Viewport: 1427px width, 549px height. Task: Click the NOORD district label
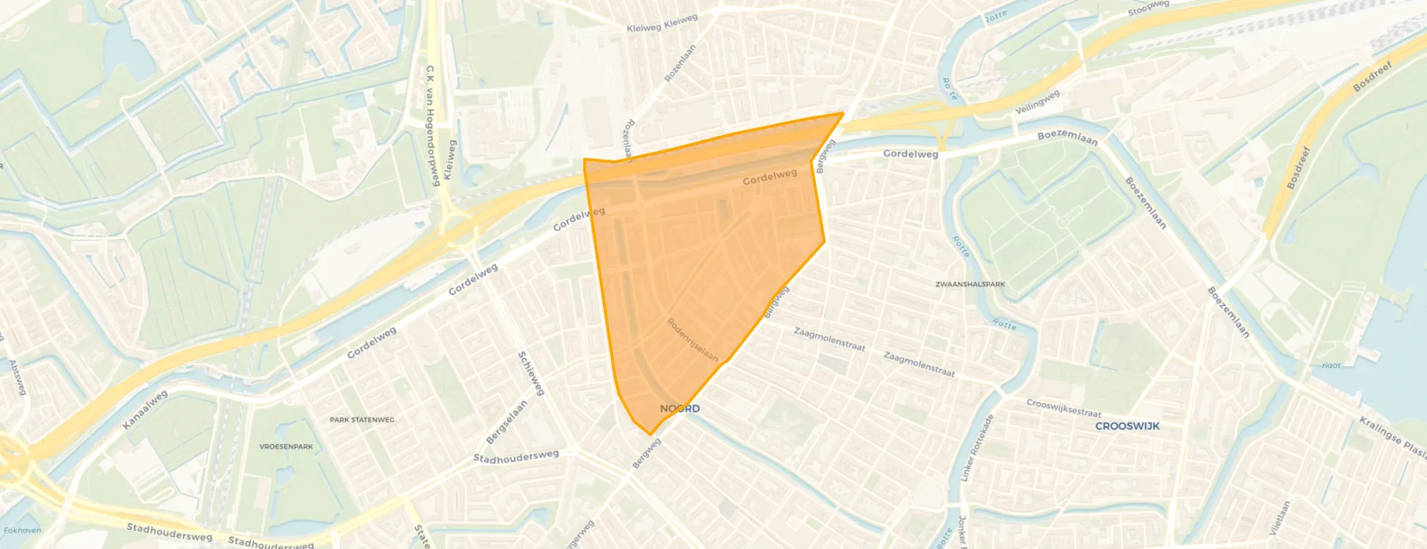pos(679,409)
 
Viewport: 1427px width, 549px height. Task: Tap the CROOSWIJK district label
pos(1127,426)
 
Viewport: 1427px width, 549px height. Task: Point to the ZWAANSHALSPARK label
pos(970,285)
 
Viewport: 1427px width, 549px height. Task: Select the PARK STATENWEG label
pos(362,420)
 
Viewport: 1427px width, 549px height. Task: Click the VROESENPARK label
pos(286,446)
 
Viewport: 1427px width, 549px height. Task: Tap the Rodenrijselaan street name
pos(692,340)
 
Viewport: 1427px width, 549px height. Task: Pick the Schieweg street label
pos(531,374)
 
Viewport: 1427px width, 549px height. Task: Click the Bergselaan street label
pos(506,421)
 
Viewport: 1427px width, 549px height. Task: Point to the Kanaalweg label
pos(145,410)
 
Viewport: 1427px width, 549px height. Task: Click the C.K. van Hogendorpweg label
pos(432,125)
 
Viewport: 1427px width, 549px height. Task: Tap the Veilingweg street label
pos(1037,102)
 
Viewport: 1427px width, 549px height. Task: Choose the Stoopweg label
pos(1148,8)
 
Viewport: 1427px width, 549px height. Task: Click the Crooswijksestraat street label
pos(1063,408)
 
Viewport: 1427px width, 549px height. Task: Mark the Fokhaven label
pos(22,530)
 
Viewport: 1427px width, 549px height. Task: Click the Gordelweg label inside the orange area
pos(770,177)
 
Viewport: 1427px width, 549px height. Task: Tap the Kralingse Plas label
pos(1392,438)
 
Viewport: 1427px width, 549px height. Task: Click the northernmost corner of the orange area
pos(842,113)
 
